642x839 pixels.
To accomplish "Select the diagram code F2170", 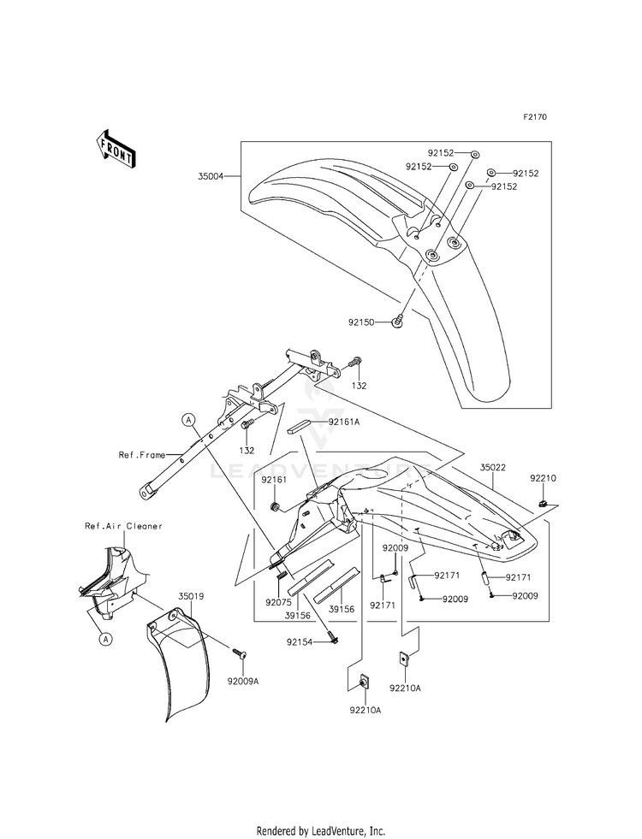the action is tap(535, 116).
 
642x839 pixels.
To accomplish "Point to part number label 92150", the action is tap(361, 322).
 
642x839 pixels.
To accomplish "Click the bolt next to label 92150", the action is tap(397, 322).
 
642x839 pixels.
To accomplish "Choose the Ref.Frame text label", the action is tap(142, 455).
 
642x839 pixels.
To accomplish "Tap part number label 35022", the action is tap(492, 467).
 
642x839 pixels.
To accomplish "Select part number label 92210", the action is tap(544, 478).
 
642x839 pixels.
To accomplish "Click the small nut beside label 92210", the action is tap(543, 502).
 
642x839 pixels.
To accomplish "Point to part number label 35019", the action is tap(191, 596).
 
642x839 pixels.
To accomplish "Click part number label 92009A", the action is tap(243, 682).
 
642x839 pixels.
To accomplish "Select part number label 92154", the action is tap(300, 641).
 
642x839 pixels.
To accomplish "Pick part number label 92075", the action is tap(278, 602).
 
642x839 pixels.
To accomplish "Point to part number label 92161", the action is tap(274, 480).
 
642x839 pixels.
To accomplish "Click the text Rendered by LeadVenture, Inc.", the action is tap(321, 830).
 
